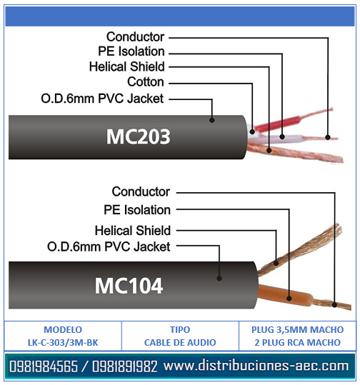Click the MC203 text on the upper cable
coord(138,136)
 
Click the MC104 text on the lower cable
coord(129,286)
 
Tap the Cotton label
coord(146,81)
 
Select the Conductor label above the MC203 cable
coord(135,37)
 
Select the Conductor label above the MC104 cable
coord(141,191)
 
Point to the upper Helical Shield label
coord(127,66)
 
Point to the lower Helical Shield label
coord(133,231)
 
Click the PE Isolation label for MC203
coord(131,51)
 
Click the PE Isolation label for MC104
coord(137,210)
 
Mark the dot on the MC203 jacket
coord(212,120)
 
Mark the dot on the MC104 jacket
coord(219,278)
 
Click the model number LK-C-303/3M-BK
coord(63,342)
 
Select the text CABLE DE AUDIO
coord(180,342)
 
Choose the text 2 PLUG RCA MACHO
coord(297,342)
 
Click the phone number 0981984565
coord(44,366)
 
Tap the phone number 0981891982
coord(125,366)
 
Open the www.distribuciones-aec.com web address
coord(256,366)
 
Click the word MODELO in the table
coord(63,329)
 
